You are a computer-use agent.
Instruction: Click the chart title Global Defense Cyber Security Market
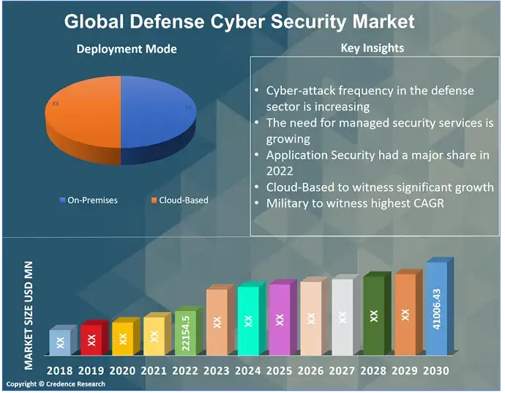tap(239, 20)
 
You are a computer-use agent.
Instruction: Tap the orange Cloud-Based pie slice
tap(81, 113)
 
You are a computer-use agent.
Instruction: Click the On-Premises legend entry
tap(89, 200)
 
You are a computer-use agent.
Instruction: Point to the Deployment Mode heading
tap(127, 49)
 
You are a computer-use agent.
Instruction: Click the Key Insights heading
tap(373, 48)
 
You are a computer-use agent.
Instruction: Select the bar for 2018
tap(60, 342)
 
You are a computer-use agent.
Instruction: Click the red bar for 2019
tap(91, 339)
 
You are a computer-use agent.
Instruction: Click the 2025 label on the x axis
tap(280, 371)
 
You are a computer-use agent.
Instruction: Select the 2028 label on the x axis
tap(373, 371)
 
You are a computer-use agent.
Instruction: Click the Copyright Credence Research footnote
tap(56, 384)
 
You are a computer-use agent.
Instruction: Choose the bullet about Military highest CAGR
tap(354, 203)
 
